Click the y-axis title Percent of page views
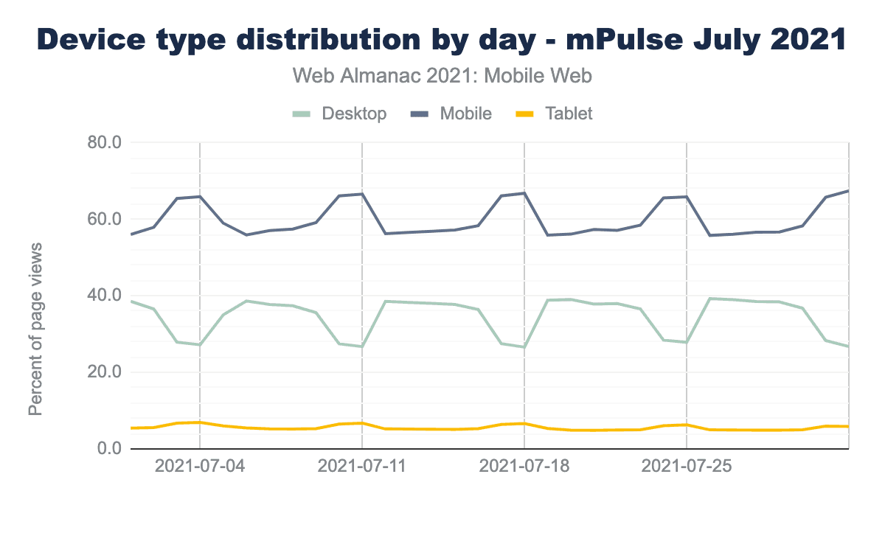(x=35, y=328)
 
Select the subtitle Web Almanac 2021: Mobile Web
(x=442, y=75)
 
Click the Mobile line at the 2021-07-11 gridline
(x=362, y=194)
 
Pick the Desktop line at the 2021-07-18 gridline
(x=524, y=346)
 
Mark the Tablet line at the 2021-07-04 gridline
(x=200, y=422)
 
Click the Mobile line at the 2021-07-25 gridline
(x=687, y=197)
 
